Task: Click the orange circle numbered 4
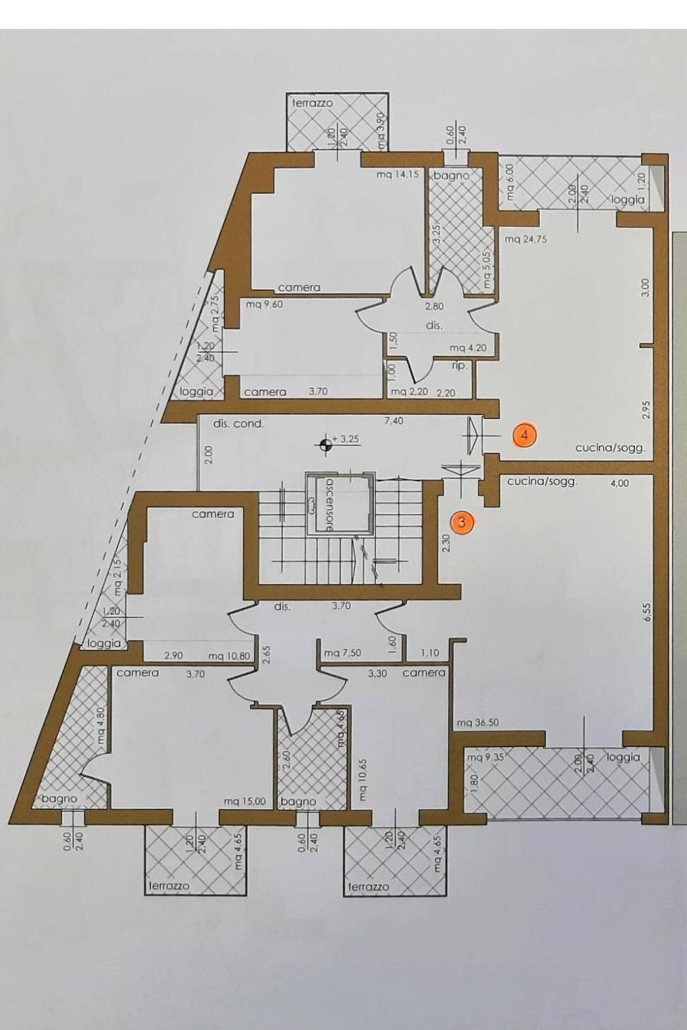click(x=524, y=435)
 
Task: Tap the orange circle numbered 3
click(x=462, y=522)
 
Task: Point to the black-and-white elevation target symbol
click(x=326, y=444)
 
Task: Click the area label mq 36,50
click(x=478, y=723)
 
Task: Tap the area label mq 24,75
click(x=526, y=240)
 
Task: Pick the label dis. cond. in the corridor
click(x=238, y=424)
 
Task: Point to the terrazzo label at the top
click(x=312, y=104)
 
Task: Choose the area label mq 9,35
click(x=484, y=757)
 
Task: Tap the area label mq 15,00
click(x=245, y=801)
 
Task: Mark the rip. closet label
click(x=459, y=366)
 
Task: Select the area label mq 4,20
click(x=468, y=349)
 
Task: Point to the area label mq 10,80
click(x=229, y=656)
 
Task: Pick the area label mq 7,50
click(x=342, y=654)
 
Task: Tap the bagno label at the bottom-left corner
click(x=59, y=799)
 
